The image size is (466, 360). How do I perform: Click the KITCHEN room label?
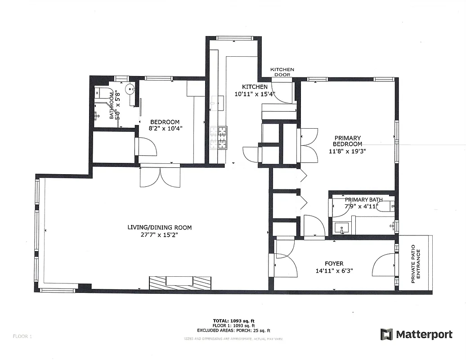coord(255,87)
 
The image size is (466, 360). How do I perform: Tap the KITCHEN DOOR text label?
coord(282,72)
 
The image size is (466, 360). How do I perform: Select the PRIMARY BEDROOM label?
coord(347,141)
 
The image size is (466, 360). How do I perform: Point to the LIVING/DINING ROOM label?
coord(160,228)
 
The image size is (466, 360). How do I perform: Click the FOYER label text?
coord(334,264)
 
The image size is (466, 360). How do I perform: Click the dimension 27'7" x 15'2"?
coord(160,234)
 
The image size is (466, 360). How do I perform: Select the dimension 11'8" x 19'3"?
coord(347,151)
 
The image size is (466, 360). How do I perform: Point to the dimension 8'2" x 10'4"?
coord(165,128)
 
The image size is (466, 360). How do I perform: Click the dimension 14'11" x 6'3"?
coord(334,271)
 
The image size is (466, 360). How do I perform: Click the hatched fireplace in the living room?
coord(180,283)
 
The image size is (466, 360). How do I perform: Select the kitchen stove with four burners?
coord(223,138)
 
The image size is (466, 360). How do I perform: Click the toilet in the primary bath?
coord(385,207)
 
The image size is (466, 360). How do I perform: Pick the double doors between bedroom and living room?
coord(160,177)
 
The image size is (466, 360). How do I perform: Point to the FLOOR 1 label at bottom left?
coord(22,336)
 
